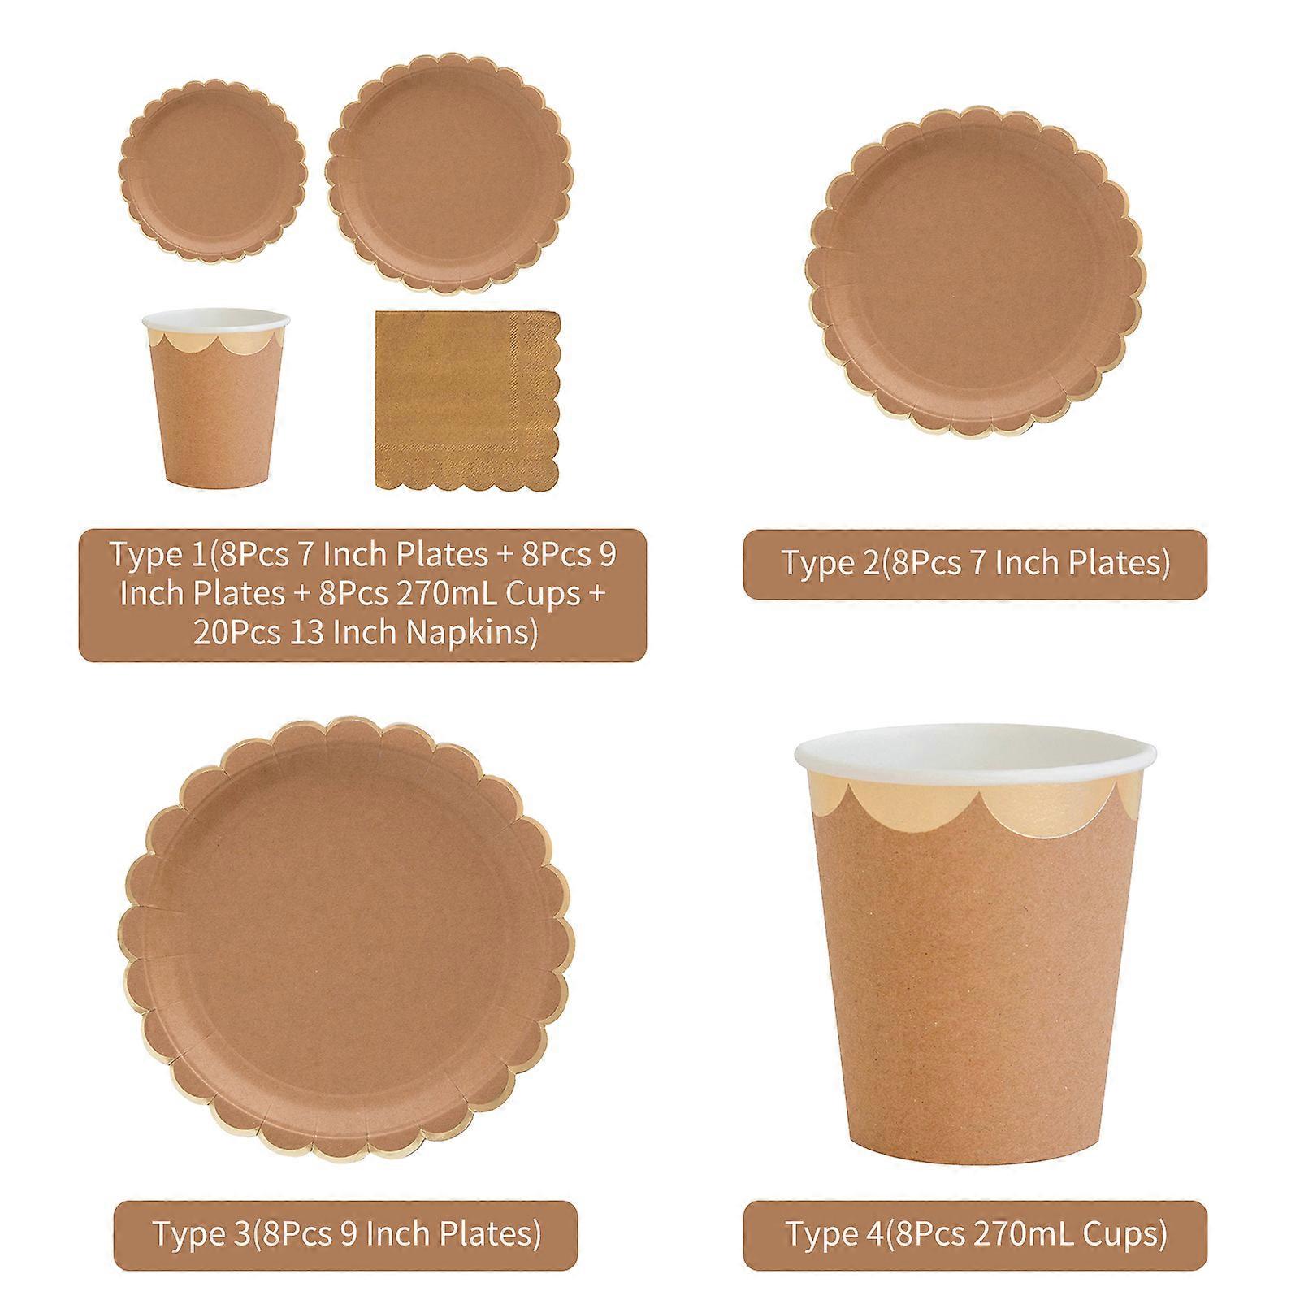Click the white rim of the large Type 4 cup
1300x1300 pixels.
[975, 760]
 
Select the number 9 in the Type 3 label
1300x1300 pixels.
[355, 1233]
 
